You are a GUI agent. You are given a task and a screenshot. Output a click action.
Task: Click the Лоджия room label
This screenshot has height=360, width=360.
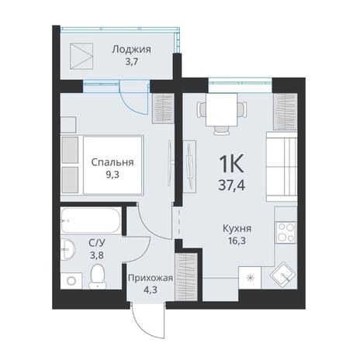click(x=131, y=50)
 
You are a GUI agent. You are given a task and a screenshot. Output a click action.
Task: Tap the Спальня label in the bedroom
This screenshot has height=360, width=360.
click(x=112, y=162)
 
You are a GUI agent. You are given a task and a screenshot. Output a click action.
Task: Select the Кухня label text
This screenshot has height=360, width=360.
click(x=237, y=228)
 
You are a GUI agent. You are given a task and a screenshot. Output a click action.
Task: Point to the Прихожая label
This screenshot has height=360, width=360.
click(x=151, y=278)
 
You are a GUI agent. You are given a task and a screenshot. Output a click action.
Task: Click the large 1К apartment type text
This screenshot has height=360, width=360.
click(x=231, y=164)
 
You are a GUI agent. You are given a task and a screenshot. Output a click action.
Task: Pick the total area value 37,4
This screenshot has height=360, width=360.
click(x=231, y=185)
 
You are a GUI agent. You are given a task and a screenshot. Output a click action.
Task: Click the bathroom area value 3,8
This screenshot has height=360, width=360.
click(x=97, y=255)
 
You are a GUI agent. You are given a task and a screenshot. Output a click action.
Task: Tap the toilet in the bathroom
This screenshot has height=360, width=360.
click(x=98, y=276)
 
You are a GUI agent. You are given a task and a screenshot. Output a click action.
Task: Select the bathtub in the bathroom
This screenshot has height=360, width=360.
click(x=91, y=220)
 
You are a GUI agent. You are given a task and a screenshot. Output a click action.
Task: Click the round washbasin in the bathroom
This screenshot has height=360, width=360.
click(x=67, y=249)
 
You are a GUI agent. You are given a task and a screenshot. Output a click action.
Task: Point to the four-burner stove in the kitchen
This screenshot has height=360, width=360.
click(x=286, y=233)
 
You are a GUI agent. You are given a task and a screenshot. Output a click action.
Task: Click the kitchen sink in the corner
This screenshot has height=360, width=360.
click(x=283, y=276)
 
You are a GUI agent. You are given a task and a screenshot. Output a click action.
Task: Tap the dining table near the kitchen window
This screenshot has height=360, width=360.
click(x=222, y=109)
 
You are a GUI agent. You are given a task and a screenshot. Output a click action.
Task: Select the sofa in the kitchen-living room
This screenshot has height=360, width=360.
click(x=282, y=167)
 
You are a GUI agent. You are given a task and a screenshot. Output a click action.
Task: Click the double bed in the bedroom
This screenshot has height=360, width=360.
click(x=102, y=165)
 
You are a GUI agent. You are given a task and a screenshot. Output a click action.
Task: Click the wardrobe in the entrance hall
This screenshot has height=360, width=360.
click(x=186, y=277)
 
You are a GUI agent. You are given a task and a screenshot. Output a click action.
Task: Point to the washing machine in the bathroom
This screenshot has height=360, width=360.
click(x=71, y=280)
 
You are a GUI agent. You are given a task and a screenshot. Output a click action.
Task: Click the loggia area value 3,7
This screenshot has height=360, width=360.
click(x=131, y=62)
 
